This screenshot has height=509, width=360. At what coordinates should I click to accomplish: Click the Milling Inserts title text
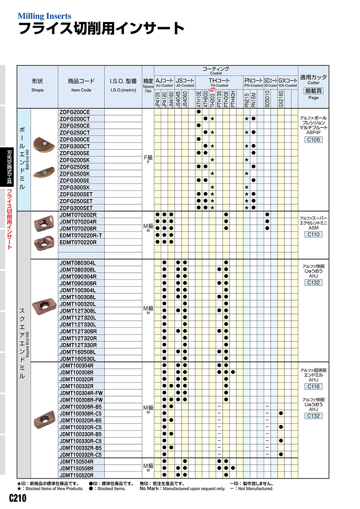(44, 16)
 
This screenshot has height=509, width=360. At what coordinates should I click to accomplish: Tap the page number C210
(18, 499)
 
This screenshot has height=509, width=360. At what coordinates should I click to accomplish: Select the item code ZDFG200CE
(75, 112)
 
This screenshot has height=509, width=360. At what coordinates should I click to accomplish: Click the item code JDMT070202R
(78, 215)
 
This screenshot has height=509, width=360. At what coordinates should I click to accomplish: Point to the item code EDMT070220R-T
(81, 235)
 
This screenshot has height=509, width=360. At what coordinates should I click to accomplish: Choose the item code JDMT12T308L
(78, 311)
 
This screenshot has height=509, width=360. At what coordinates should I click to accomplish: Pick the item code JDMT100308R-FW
(81, 399)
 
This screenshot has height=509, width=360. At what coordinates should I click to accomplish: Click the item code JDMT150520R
(76, 475)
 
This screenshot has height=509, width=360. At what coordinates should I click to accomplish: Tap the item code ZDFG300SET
(76, 208)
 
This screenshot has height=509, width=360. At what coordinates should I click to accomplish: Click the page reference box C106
(314, 140)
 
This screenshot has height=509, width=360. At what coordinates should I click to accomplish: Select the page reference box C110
(314, 235)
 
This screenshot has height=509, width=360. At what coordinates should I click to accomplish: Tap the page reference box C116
(314, 387)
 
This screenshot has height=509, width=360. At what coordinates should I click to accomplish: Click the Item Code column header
(81, 85)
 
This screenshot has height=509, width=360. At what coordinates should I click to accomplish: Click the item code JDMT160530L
(78, 359)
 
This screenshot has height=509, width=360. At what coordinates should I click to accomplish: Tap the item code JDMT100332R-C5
(81, 455)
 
